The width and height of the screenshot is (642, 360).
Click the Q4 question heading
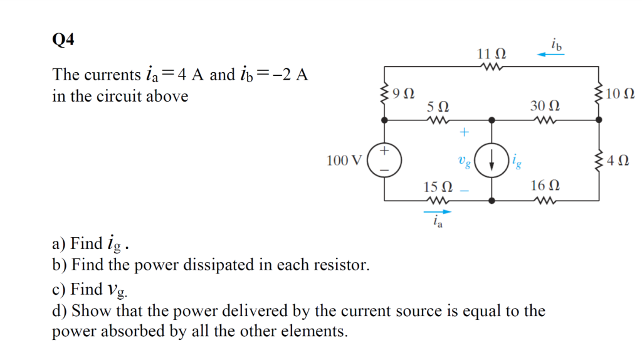63,40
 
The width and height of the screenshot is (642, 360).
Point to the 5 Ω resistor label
436,107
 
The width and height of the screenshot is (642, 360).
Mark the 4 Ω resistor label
620,160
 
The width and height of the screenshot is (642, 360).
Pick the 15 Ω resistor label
438,187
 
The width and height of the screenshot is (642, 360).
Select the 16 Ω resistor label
545,186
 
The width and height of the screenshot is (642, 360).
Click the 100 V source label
344,161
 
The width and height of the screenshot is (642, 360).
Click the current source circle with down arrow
491,161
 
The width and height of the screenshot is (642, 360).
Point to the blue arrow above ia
438,212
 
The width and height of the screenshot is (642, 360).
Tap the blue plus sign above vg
464,132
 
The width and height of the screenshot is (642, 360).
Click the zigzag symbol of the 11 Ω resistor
490,66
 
